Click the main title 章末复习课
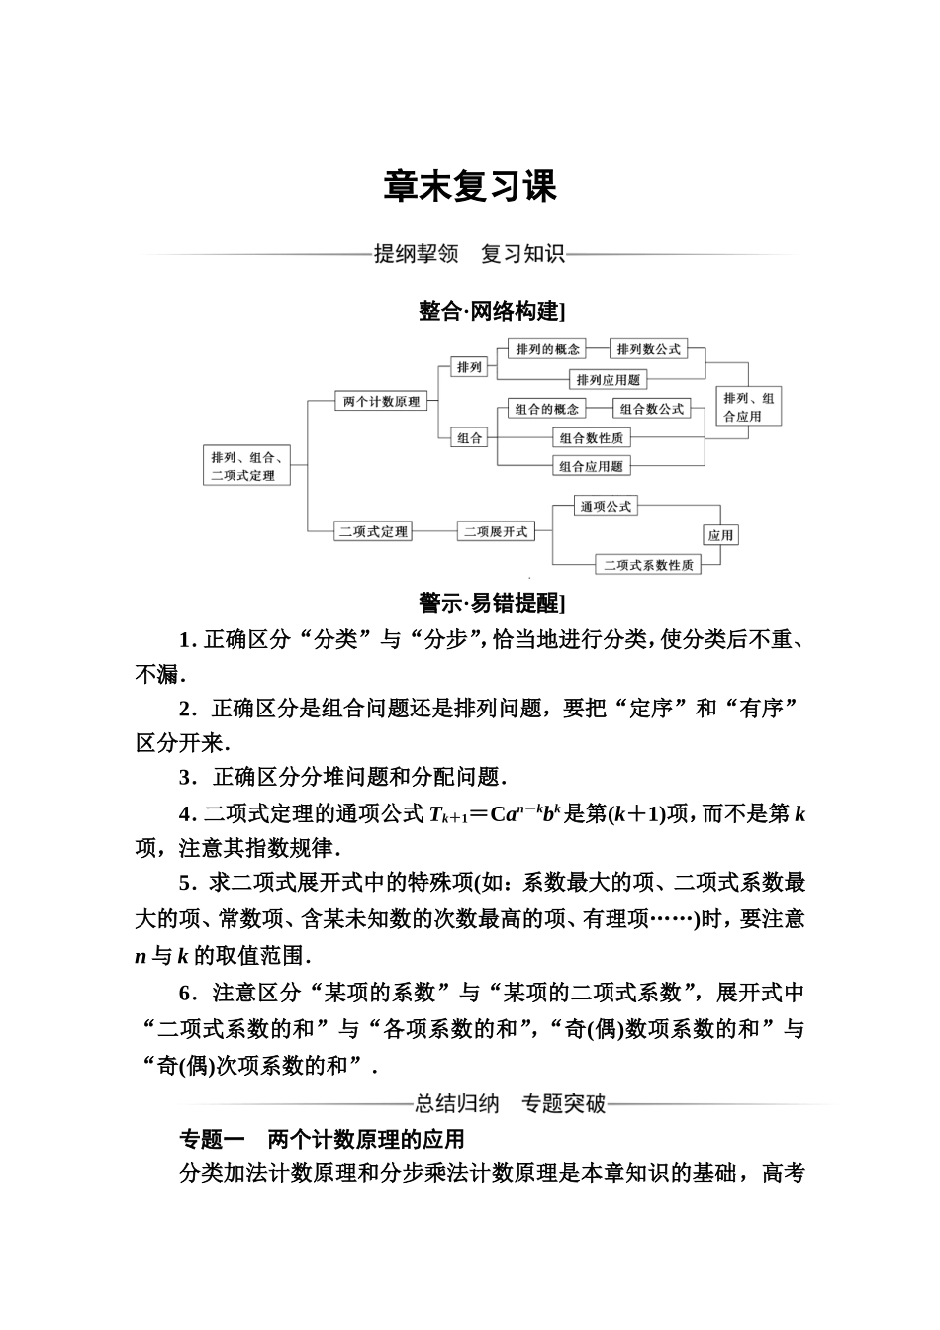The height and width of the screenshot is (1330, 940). click(470, 186)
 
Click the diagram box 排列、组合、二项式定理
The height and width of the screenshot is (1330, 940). click(246, 466)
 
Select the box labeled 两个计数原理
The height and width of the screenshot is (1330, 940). click(381, 401)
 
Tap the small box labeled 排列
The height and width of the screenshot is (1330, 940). click(469, 367)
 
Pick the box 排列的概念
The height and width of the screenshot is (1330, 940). click(547, 349)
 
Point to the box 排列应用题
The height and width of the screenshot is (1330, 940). click(608, 379)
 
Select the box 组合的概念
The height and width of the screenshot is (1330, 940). click(547, 409)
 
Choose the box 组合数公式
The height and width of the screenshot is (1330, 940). click(651, 409)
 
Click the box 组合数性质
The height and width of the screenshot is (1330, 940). click(591, 437)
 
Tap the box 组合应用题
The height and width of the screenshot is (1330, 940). click(591, 466)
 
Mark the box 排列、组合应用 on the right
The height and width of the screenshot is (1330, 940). click(748, 407)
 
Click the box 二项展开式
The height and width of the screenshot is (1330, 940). click(496, 531)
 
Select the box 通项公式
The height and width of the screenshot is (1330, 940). click(606, 506)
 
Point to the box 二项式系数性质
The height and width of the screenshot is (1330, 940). click(648, 565)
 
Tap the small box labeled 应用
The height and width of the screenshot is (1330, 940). click(720, 535)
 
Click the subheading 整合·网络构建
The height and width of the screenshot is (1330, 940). click(491, 312)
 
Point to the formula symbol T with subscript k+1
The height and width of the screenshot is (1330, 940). click(439, 816)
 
